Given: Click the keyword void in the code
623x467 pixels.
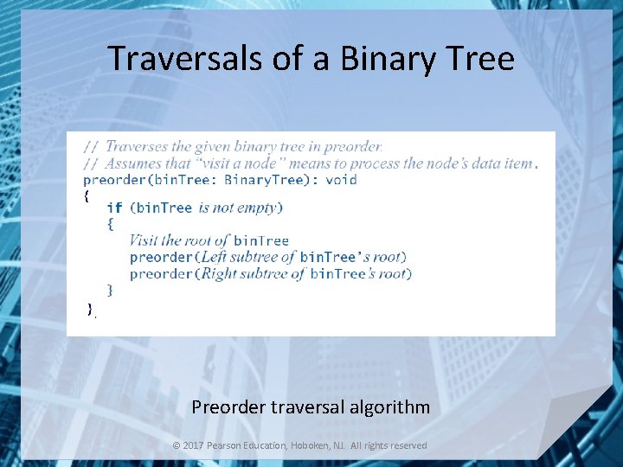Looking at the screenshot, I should coord(341,180).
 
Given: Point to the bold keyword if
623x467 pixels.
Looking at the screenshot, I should coord(114,208).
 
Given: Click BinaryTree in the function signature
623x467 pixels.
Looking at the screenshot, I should coord(264,180).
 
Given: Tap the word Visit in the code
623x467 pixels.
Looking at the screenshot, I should coord(144,240).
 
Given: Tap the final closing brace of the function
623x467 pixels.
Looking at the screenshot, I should coord(89,309).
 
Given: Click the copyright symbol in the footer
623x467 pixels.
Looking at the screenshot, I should coord(177,445).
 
